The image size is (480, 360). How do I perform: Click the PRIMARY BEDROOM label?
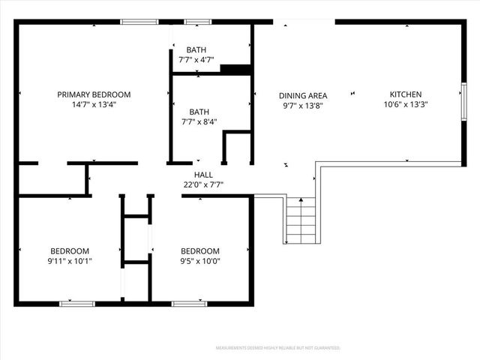coord(94,94)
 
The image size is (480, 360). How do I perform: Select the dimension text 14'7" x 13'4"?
coord(94,104)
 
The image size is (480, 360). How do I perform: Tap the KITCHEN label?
coord(405,94)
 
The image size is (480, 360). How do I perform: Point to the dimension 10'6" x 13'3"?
coord(405,104)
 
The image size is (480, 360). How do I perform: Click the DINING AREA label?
coord(302,95)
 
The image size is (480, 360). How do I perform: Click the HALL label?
coord(203,174)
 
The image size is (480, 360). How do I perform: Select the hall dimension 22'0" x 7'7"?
coord(203,184)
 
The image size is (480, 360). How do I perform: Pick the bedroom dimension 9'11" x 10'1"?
coord(70,261)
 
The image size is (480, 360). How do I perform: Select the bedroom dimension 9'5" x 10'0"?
coord(199,261)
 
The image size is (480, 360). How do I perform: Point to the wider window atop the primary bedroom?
coord(139,22)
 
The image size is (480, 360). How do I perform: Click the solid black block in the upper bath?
coord(235,70)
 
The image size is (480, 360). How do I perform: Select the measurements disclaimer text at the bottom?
coord(278,348)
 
